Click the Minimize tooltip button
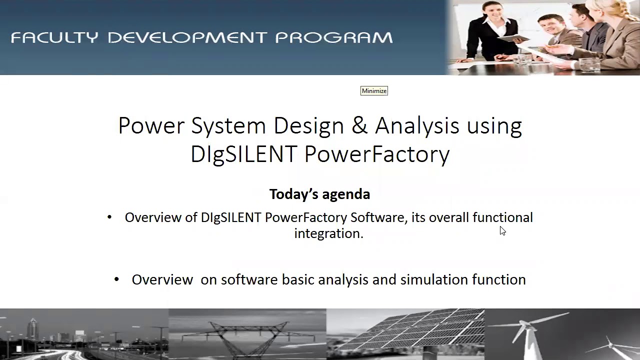point(374,90)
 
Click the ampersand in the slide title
point(359,125)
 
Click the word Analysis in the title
point(416,125)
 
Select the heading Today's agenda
point(319,194)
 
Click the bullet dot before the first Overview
point(109,217)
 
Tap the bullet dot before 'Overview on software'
point(116,279)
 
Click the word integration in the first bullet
point(328,233)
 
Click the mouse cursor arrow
point(502,230)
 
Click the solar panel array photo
point(405,334)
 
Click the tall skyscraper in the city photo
point(33,332)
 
